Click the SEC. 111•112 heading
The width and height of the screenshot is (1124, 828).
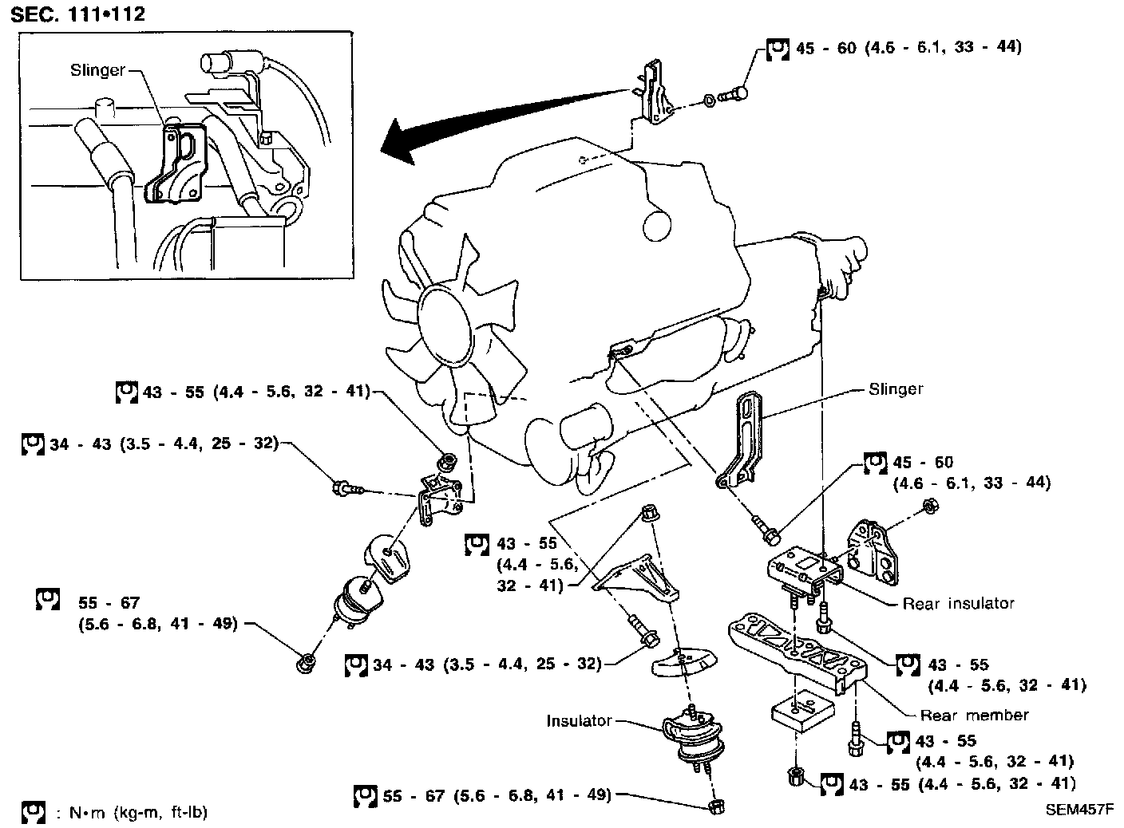[x=78, y=14]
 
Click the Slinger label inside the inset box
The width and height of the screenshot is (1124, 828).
[x=97, y=70]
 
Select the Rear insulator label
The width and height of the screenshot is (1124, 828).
[x=958, y=604]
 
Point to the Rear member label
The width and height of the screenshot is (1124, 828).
[x=974, y=715]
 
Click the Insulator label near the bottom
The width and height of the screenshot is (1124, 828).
[x=579, y=721]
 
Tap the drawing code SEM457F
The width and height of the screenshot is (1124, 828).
[x=1080, y=809]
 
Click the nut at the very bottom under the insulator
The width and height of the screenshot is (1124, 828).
[x=716, y=806]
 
